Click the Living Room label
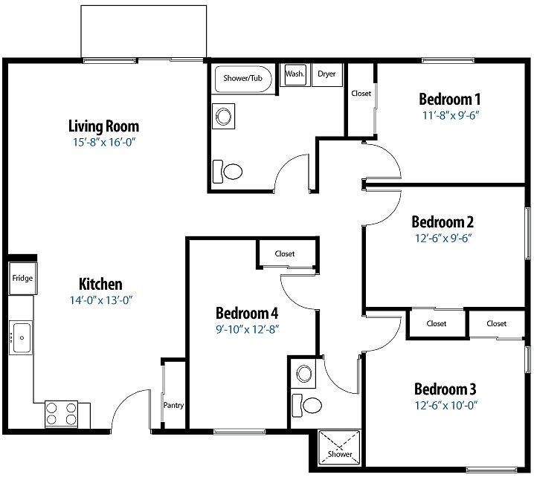[x=104, y=126]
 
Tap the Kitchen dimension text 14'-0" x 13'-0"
[x=101, y=300]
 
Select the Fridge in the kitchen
[x=23, y=278]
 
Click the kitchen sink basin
[x=21, y=337]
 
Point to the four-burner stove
[x=61, y=414]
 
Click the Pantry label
[x=173, y=405]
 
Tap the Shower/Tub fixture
[x=243, y=79]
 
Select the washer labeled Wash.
[x=295, y=74]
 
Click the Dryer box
[x=327, y=74]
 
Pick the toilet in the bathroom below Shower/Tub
[x=228, y=172]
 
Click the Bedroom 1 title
[x=449, y=99]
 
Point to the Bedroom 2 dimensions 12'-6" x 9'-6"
[x=443, y=238]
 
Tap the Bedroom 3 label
[x=445, y=389]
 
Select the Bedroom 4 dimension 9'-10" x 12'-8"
[x=248, y=329]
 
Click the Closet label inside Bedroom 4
[x=285, y=253]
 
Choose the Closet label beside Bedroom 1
[x=361, y=94]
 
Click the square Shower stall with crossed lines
[x=339, y=447]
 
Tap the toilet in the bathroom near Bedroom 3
[x=307, y=405]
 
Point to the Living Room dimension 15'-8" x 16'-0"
[x=104, y=142]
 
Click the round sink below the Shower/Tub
[x=223, y=117]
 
